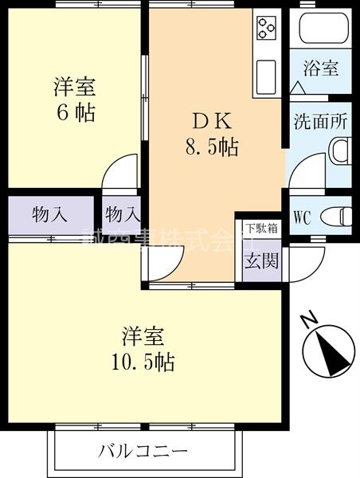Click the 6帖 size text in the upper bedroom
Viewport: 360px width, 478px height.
[x=75, y=112]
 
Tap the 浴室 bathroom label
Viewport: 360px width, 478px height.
[x=321, y=68]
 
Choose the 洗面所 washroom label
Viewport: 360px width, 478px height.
[x=321, y=123]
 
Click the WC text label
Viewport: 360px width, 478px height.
[x=303, y=216]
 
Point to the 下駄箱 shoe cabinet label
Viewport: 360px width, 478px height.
[x=261, y=228]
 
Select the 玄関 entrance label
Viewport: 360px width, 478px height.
[x=261, y=260]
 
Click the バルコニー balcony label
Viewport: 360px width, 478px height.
[x=143, y=452]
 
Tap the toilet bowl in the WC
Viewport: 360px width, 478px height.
[x=340, y=216]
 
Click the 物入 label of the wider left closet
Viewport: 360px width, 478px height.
[x=49, y=214]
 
